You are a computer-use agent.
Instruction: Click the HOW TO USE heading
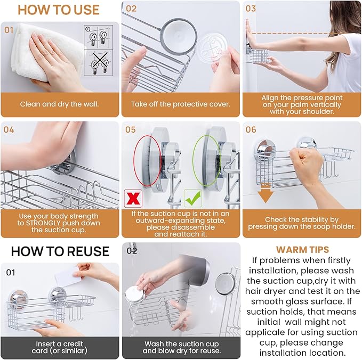[59, 10]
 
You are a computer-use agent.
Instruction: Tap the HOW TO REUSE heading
[60, 251]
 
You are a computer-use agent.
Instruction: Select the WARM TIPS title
[302, 249]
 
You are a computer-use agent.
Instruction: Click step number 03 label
[251, 9]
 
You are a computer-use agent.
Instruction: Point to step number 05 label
[131, 129]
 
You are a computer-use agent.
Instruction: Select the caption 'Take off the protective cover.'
[180, 104]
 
